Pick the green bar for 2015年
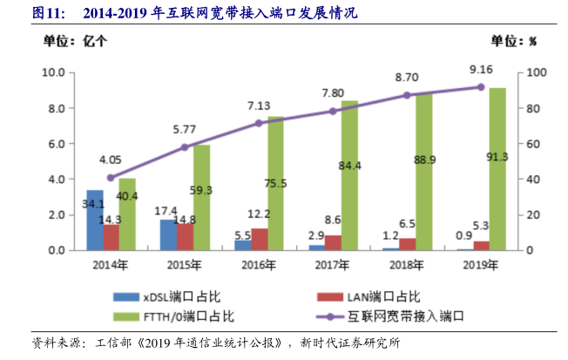(201, 198)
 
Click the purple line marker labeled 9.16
(480, 87)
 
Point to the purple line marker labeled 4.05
(111, 178)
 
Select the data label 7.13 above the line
(259, 105)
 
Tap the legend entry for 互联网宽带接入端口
(400, 315)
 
